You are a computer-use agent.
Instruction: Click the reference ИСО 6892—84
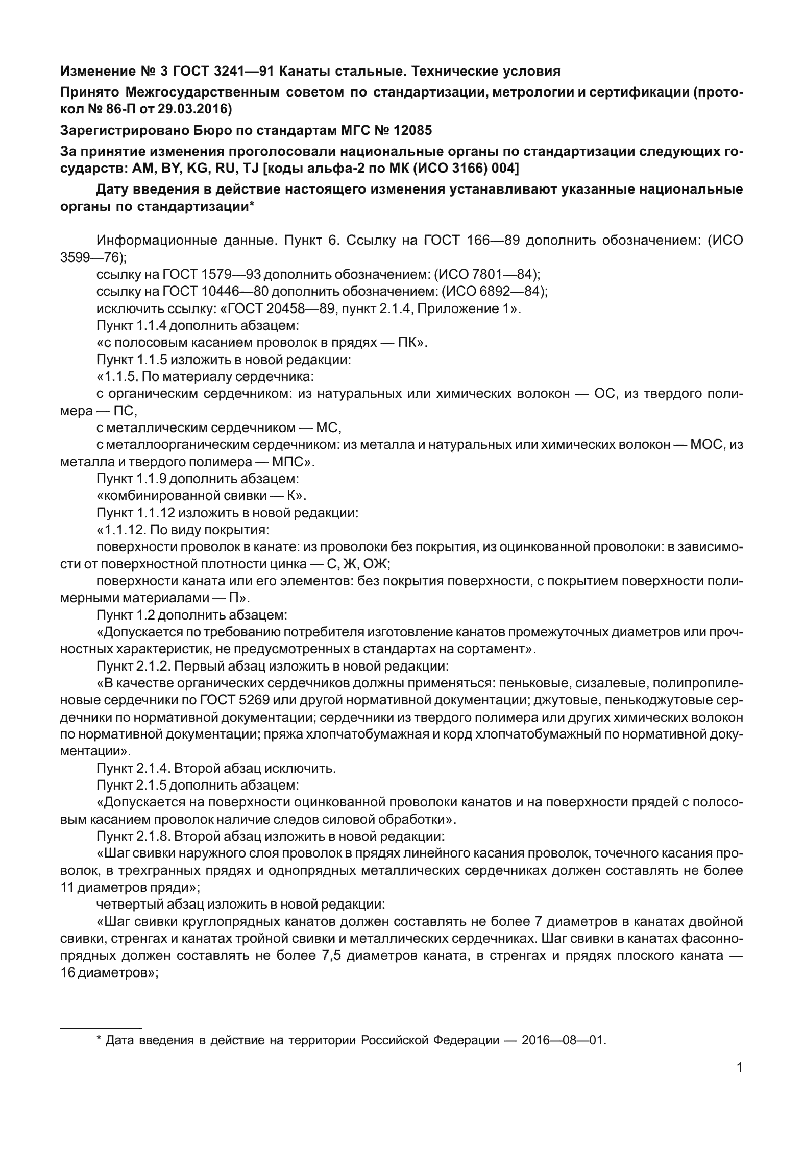pyautogui.click(x=497, y=292)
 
